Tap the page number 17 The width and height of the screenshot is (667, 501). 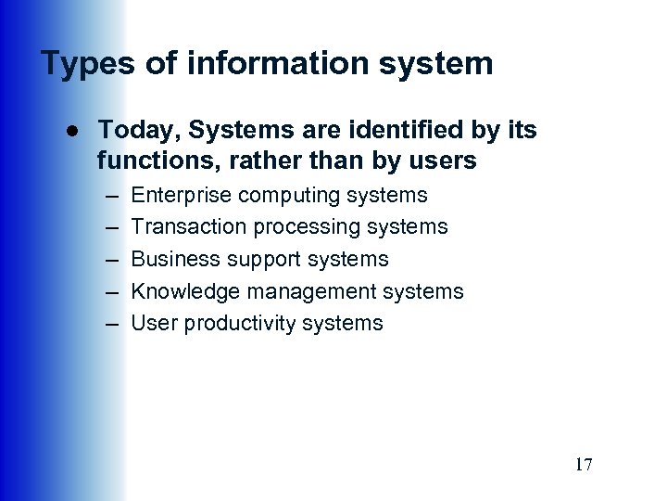click(x=584, y=465)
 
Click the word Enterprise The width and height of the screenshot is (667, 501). click(x=182, y=196)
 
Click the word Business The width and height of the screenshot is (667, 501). click(x=172, y=259)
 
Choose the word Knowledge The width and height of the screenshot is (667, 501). click(x=184, y=291)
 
